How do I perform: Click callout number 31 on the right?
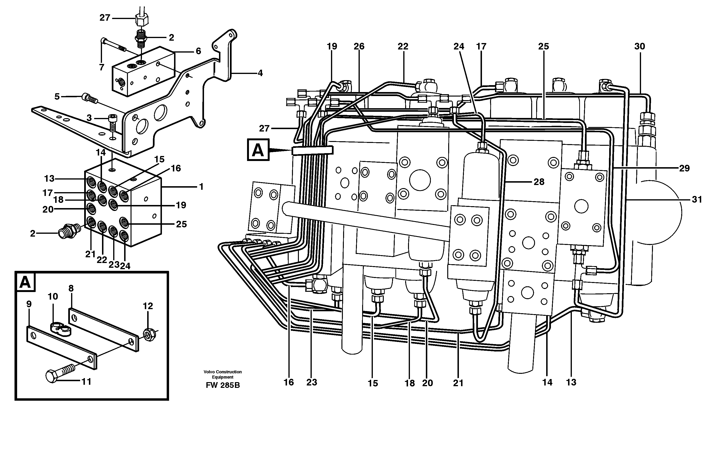[697, 200]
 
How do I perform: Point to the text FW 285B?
[223, 385]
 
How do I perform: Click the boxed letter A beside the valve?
[258, 150]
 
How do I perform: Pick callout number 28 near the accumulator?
[539, 182]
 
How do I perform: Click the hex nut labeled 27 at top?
[142, 20]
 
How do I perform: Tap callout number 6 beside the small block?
[199, 51]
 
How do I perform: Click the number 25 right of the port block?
[181, 224]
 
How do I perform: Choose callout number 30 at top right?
[640, 46]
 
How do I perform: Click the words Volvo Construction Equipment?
[223, 374]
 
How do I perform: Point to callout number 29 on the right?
[684, 168]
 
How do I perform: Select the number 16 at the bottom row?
[289, 383]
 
